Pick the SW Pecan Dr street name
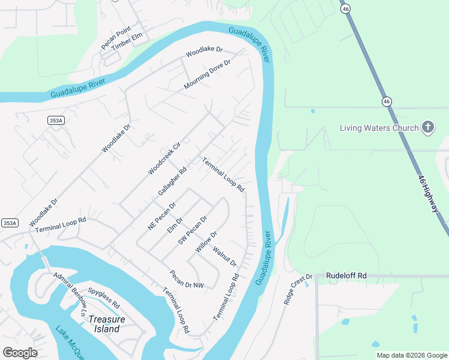pyautogui.click(x=192, y=230)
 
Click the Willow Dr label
pyautogui.click(x=205, y=242)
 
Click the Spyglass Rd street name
pyautogui.click(x=104, y=297)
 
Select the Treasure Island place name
pyautogui.click(x=107, y=324)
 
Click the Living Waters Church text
pyautogui.click(x=378, y=128)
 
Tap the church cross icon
pyautogui.click(x=427, y=127)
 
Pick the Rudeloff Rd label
pyautogui.click(x=346, y=275)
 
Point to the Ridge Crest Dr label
pyautogui.click(x=299, y=289)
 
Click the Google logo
pyautogui.click(x=20, y=353)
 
